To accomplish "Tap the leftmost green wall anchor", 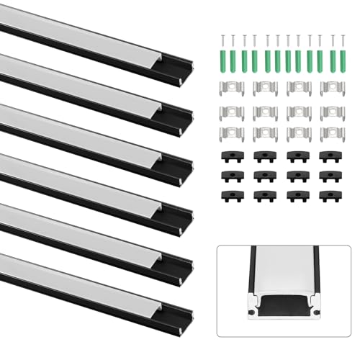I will [222, 60].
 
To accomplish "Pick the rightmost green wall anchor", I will [333, 60].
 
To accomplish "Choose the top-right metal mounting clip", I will [331, 88].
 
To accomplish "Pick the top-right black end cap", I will [331, 156].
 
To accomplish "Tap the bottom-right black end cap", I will [331, 197].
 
